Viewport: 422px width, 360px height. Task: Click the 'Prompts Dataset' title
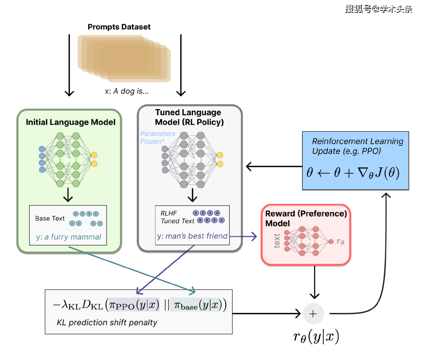tap(119, 27)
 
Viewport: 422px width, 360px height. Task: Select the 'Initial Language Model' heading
tap(70, 122)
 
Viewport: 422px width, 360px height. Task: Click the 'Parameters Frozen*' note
tap(157, 138)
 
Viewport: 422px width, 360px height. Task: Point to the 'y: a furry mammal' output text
tap(68, 237)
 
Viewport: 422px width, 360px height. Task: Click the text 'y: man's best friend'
tap(192, 236)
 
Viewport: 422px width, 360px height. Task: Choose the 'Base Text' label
tap(50, 218)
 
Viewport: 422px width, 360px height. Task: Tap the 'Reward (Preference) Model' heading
tap(306, 219)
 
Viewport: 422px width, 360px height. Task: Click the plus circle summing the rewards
tap(313, 313)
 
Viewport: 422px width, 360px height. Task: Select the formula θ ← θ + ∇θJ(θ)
tap(352, 172)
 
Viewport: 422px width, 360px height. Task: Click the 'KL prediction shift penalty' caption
tap(107, 322)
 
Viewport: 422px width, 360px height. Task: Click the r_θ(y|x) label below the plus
tap(316, 337)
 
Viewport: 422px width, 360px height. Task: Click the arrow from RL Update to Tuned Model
tap(274, 167)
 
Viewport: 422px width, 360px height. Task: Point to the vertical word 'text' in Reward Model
tap(277, 241)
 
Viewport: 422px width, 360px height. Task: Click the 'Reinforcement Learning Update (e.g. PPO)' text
tap(358, 146)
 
